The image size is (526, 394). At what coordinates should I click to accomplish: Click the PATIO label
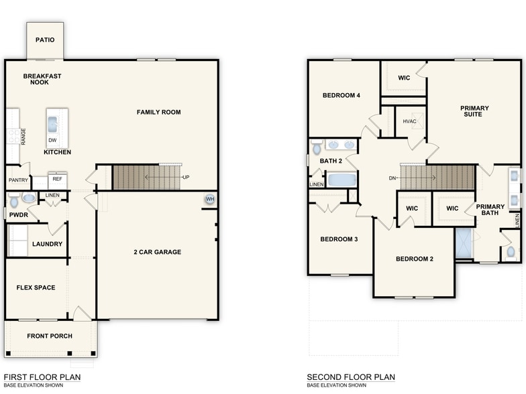tap(45, 40)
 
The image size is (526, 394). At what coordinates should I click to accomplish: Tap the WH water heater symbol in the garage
tap(210, 199)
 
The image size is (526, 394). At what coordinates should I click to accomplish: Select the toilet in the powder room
tap(28, 199)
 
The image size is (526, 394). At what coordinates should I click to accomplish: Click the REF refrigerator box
tap(57, 179)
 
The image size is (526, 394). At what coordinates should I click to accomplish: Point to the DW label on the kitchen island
tap(52, 141)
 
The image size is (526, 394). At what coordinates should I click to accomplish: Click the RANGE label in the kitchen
tap(23, 137)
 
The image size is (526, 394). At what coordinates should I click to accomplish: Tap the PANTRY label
tap(17, 180)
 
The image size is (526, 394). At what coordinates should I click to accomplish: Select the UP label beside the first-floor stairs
tap(186, 178)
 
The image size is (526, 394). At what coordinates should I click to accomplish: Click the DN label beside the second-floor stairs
tap(392, 178)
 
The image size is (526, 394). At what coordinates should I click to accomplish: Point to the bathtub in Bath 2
tap(342, 180)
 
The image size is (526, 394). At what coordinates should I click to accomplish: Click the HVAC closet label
tap(409, 121)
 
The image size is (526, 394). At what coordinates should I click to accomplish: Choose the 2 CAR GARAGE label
tap(158, 253)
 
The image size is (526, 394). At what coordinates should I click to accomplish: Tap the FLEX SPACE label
tap(36, 288)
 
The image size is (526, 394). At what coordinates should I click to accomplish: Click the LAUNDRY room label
tap(47, 244)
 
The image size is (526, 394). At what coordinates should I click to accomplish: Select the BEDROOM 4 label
tap(341, 96)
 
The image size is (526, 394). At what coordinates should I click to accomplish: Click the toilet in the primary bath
tap(511, 252)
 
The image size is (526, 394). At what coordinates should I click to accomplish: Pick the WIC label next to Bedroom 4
tap(404, 78)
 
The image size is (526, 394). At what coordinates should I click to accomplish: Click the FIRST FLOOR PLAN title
tap(42, 377)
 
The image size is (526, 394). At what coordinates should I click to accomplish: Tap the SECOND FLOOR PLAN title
tap(351, 377)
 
